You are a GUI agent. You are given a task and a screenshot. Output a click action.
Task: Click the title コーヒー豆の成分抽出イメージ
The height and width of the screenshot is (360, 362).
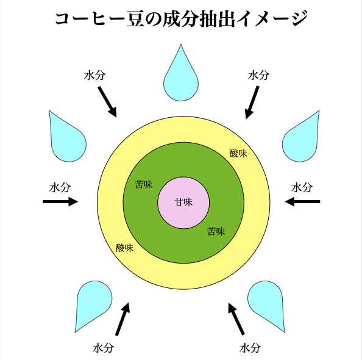pyautogui.click(x=181, y=20)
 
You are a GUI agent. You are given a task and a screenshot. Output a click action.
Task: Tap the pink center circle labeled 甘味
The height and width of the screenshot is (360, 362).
pyautogui.click(x=183, y=202)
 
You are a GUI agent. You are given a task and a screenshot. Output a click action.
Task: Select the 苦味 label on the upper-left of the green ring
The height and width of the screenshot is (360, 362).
pyautogui.click(x=144, y=184)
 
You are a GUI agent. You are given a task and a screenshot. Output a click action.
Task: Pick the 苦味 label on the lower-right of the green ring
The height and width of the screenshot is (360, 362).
pyautogui.click(x=216, y=231)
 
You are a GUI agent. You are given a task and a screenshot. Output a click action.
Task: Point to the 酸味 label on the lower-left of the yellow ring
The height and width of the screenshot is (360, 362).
pyautogui.click(x=125, y=248)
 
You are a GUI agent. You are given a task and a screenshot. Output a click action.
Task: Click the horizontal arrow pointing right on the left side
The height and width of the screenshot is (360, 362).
pyautogui.click(x=60, y=201)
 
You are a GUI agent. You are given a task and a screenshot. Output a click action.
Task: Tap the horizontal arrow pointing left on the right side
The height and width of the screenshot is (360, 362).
pyautogui.click(x=302, y=201)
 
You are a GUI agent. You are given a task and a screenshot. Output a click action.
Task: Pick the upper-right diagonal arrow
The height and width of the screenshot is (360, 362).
pyautogui.click(x=252, y=102)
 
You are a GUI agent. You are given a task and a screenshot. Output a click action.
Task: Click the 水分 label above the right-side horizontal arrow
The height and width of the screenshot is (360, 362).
pyautogui.click(x=302, y=187)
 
